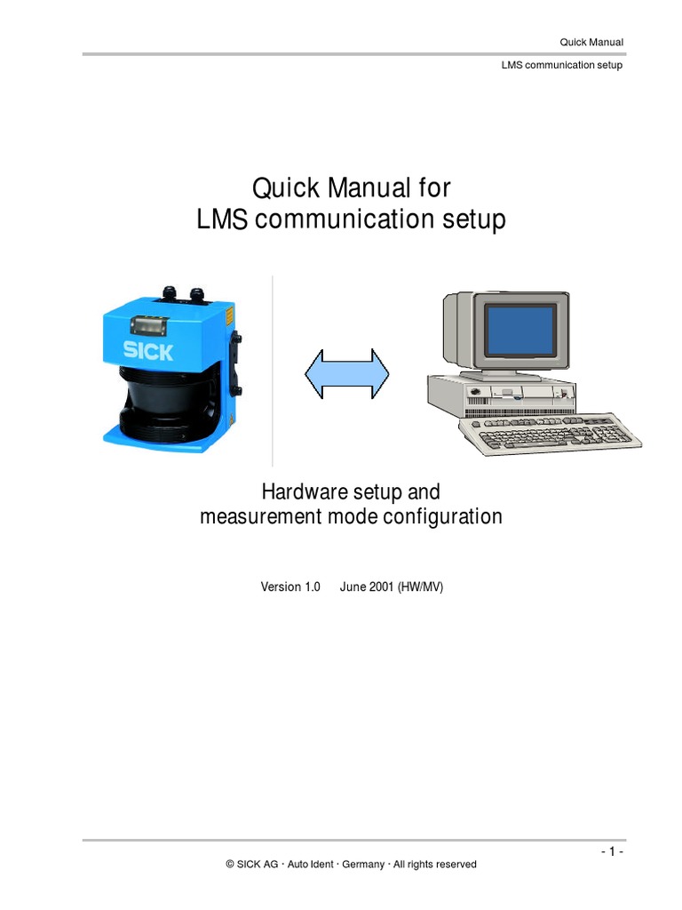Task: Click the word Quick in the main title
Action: [288, 188]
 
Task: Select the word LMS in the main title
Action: [222, 220]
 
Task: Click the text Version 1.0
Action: [289, 587]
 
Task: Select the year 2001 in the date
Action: [382, 587]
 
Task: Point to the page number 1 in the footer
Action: [610, 851]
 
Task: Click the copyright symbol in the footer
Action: [230, 864]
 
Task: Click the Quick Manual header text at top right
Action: [591, 42]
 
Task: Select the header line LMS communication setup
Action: [562, 65]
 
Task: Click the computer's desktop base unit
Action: [502, 395]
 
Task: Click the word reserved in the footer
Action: [456, 864]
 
